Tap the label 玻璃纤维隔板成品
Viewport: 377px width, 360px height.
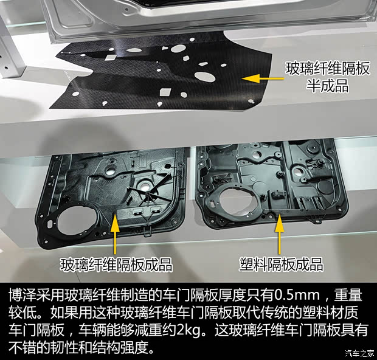(x=116, y=265)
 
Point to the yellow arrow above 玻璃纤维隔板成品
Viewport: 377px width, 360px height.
(x=114, y=234)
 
